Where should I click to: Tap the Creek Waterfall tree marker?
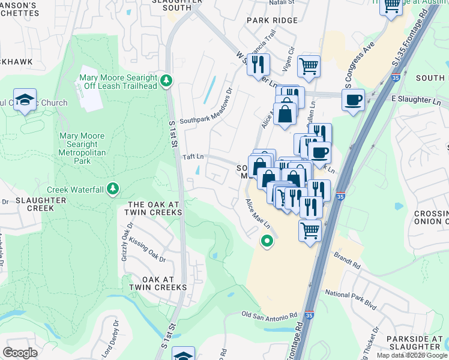click(x=112, y=190)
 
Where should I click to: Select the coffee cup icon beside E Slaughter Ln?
click(x=354, y=99)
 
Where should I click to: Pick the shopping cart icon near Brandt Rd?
click(x=310, y=230)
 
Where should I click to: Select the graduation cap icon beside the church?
click(x=25, y=99)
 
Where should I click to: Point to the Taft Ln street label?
click(x=193, y=157)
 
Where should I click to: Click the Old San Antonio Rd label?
click(x=270, y=315)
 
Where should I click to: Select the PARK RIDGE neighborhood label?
click(x=272, y=20)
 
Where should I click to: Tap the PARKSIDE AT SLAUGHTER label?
click(x=415, y=343)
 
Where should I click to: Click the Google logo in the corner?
click(x=20, y=352)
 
